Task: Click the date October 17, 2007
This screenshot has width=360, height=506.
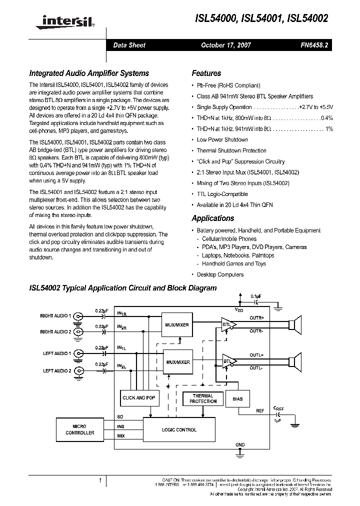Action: (x=226, y=45)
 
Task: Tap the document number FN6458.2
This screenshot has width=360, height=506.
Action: (x=314, y=45)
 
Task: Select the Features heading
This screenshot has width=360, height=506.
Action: (x=206, y=73)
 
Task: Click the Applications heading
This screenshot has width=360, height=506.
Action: (x=213, y=218)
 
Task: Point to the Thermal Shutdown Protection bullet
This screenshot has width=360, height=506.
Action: (x=231, y=150)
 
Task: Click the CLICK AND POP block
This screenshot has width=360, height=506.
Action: (x=139, y=398)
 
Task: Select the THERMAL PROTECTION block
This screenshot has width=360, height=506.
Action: (x=203, y=398)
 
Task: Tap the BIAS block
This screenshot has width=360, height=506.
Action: (x=237, y=398)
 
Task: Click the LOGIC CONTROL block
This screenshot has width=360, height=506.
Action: (x=179, y=429)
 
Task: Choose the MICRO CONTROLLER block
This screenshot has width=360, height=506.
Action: (x=79, y=429)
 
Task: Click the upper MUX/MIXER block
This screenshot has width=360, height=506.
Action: (x=177, y=324)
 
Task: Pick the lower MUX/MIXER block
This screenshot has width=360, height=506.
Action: (x=177, y=362)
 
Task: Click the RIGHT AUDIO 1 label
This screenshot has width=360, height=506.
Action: (x=55, y=316)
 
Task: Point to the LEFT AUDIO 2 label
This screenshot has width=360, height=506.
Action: (x=57, y=370)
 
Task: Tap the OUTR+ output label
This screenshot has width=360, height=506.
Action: (x=256, y=317)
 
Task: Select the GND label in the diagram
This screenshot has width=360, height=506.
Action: (x=240, y=444)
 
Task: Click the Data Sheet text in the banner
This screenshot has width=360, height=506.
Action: (x=129, y=45)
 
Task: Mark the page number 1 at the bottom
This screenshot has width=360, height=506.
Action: (x=100, y=480)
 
